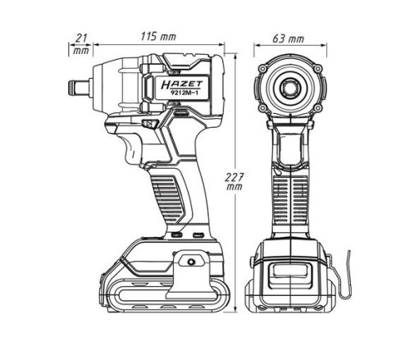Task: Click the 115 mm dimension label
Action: click(158, 36)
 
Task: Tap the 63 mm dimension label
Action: click(289, 39)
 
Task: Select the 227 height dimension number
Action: click(235, 177)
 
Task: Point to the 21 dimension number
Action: click(81, 38)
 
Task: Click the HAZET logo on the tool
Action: click(182, 84)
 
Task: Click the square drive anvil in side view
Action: click(79, 87)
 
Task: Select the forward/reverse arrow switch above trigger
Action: click(150, 124)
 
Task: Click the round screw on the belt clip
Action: click(191, 262)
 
